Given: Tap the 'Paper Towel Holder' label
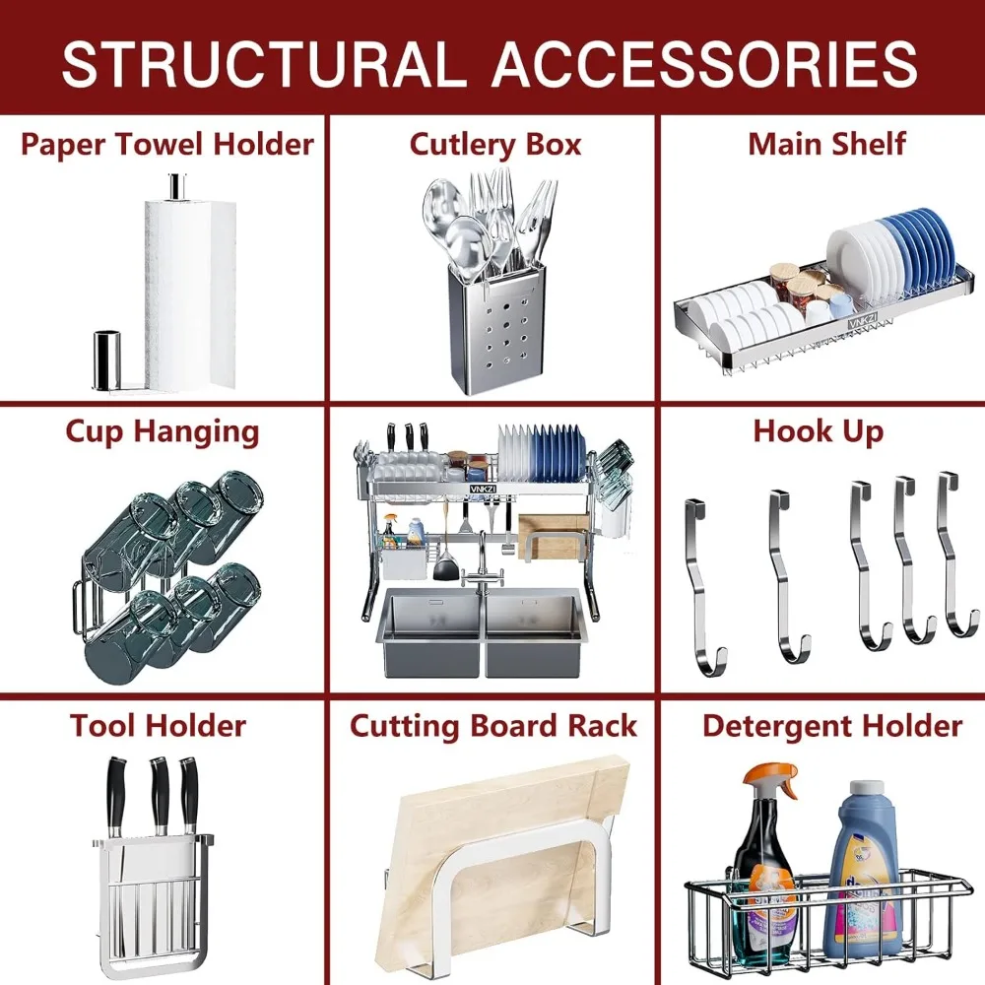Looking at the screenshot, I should [x=166, y=144].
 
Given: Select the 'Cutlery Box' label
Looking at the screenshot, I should [x=494, y=144].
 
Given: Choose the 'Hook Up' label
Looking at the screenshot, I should [x=818, y=431].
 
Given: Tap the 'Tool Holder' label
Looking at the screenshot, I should [x=158, y=726].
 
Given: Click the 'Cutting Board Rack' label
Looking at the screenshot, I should [x=493, y=726].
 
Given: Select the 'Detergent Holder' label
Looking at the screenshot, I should [x=831, y=726].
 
